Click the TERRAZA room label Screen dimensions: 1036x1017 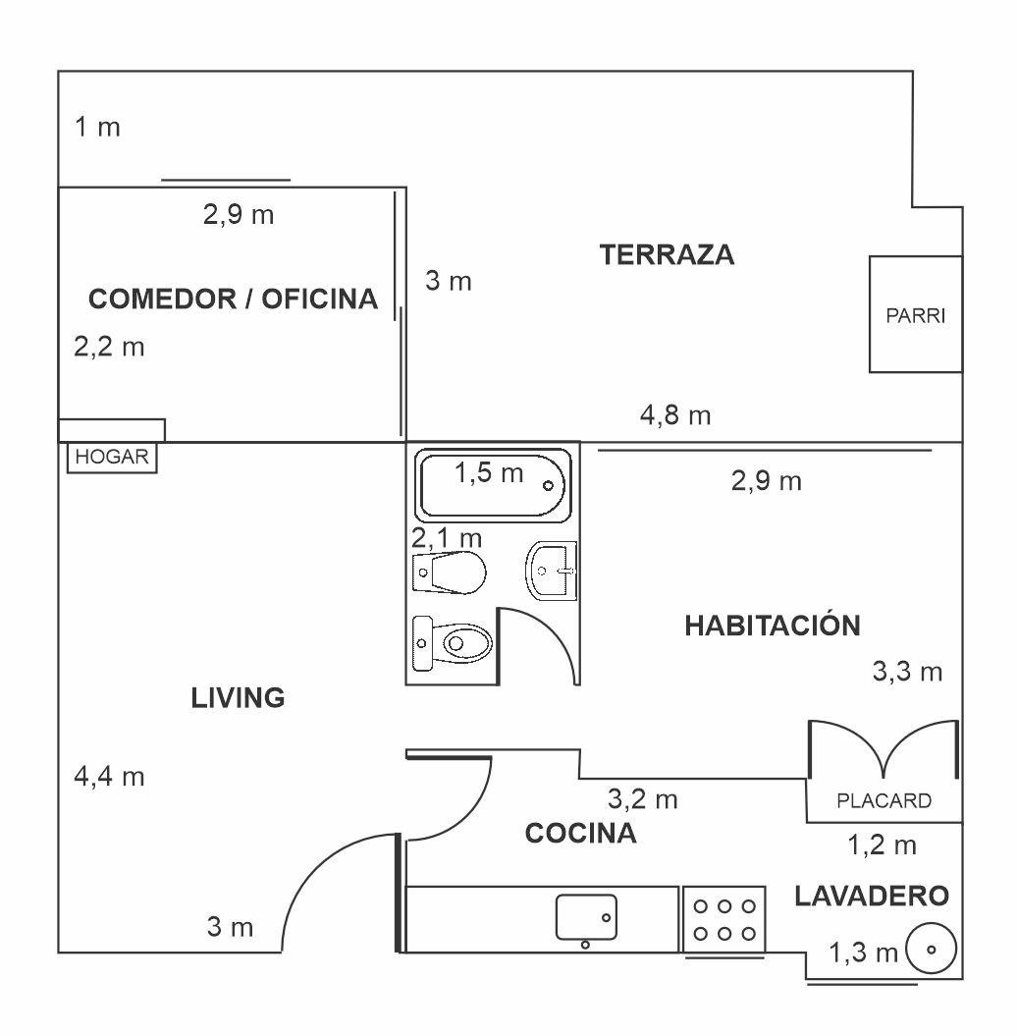(x=667, y=255)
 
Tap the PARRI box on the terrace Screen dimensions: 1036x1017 (x=915, y=316)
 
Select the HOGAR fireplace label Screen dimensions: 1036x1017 (x=112, y=458)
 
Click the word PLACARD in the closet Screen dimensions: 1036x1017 (x=883, y=800)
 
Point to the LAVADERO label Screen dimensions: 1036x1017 (x=872, y=896)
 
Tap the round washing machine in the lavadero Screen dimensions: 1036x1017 (x=931, y=950)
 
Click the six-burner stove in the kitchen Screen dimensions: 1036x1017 (x=723, y=919)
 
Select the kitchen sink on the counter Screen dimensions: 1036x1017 (x=586, y=917)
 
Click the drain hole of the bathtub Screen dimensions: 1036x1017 (x=548, y=485)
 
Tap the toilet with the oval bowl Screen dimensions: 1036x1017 (x=454, y=643)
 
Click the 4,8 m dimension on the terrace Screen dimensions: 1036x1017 (x=675, y=416)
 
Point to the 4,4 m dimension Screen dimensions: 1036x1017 (x=109, y=777)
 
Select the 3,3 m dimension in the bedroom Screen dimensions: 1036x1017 (x=907, y=672)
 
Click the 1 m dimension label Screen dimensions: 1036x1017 (x=97, y=128)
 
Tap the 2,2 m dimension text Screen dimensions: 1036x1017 (x=109, y=347)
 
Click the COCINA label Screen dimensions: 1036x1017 (x=581, y=835)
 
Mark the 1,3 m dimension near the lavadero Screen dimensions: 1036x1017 (x=864, y=952)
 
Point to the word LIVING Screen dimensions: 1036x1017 (x=238, y=698)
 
